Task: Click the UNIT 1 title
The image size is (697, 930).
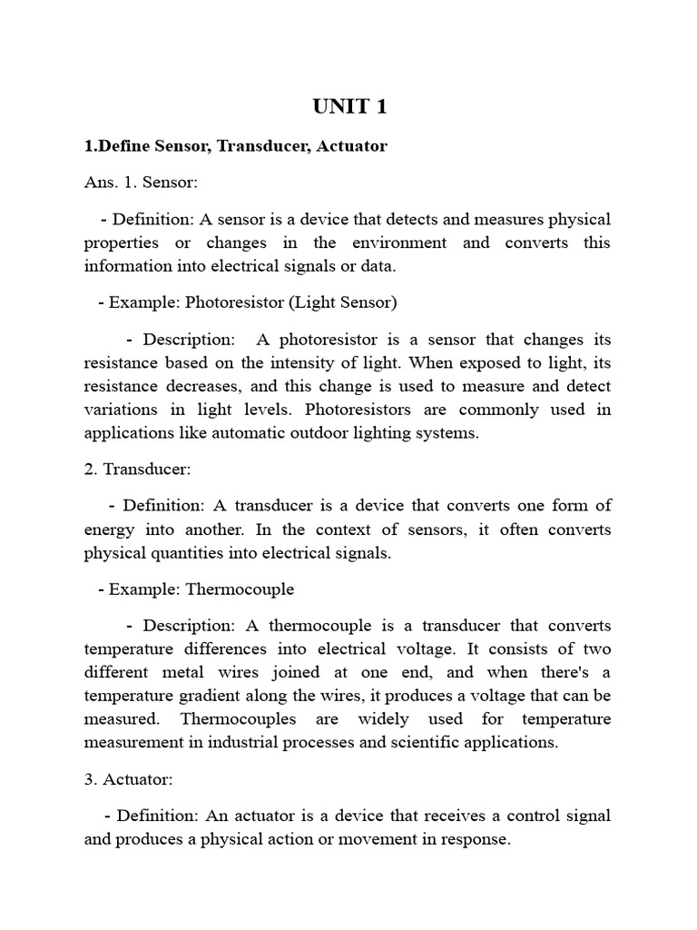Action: (x=349, y=106)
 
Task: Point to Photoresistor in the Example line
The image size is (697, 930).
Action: (x=236, y=302)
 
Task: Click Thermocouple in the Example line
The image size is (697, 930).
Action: (x=240, y=589)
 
